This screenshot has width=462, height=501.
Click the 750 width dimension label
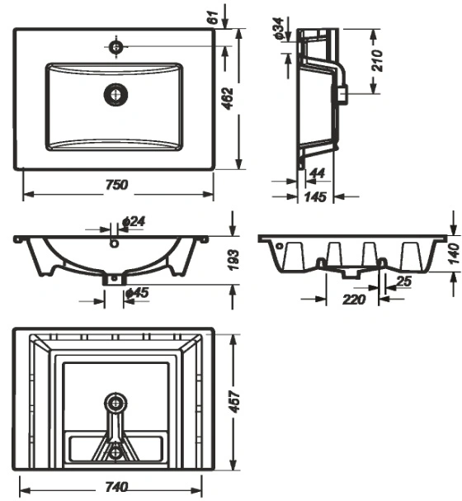[117, 185]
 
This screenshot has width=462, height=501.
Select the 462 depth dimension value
[229, 99]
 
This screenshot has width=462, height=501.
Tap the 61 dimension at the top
[213, 17]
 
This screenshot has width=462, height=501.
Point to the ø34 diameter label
[278, 28]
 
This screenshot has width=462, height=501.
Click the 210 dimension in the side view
[377, 60]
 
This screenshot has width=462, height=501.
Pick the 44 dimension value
[318, 173]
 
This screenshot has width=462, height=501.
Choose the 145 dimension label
[315, 196]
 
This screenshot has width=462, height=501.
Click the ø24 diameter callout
[134, 221]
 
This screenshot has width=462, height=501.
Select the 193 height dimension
[233, 260]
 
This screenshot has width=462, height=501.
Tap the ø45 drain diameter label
[137, 293]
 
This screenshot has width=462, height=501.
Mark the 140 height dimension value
[454, 254]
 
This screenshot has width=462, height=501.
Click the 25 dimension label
[403, 281]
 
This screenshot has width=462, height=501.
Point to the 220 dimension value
[354, 300]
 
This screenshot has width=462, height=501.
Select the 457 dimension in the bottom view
[235, 402]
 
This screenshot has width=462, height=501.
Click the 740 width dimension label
[116, 487]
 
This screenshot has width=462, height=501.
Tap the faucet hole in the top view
[115, 47]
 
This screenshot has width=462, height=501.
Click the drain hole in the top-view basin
[115, 95]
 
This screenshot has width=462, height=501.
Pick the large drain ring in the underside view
[115, 404]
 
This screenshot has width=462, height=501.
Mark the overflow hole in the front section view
[114, 243]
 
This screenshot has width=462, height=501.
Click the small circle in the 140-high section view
[280, 246]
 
